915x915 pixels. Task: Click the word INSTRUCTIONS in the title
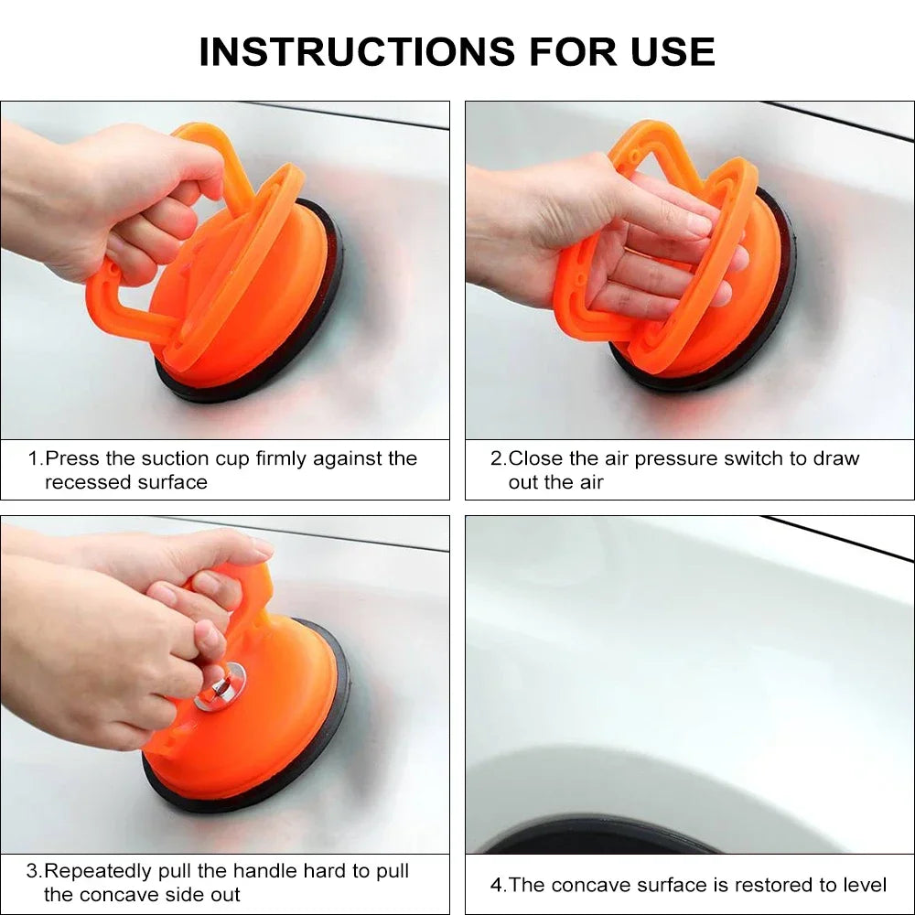pyautogui.click(x=357, y=51)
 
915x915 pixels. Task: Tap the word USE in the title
pyautogui.click(x=673, y=51)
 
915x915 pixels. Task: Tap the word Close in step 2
pyautogui.click(x=535, y=458)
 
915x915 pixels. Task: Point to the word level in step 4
pyautogui.click(x=864, y=885)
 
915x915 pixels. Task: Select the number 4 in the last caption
pyautogui.click(x=496, y=885)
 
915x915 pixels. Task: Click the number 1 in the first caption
pyautogui.click(x=34, y=458)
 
